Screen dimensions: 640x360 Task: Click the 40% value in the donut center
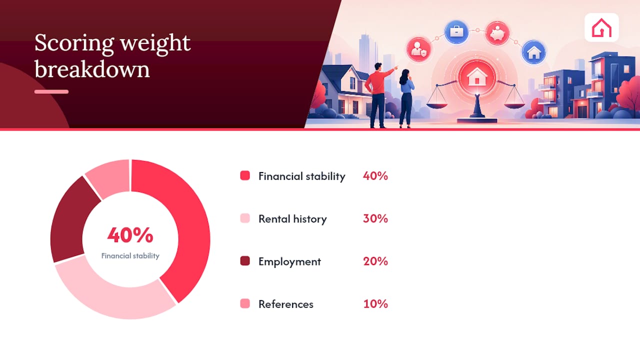(130, 235)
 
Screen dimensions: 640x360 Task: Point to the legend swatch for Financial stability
(245, 175)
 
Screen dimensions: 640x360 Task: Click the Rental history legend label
(292, 219)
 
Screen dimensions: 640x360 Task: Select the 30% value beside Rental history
(375, 218)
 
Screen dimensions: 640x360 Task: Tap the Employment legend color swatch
(245, 261)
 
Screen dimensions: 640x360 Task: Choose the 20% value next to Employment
(375, 261)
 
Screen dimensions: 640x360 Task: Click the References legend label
(286, 304)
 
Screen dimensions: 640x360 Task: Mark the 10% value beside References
(375, 303)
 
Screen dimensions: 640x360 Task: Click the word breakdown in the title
(92, 69)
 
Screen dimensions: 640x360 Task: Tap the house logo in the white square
(601, 27)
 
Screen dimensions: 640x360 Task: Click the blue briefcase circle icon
(456, 31)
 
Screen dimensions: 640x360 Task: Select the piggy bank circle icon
(497, 33)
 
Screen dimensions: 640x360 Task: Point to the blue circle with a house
(533, 52)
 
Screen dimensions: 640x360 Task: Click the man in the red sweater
(379, 95)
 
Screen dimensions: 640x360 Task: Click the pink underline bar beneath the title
(51, 91)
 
